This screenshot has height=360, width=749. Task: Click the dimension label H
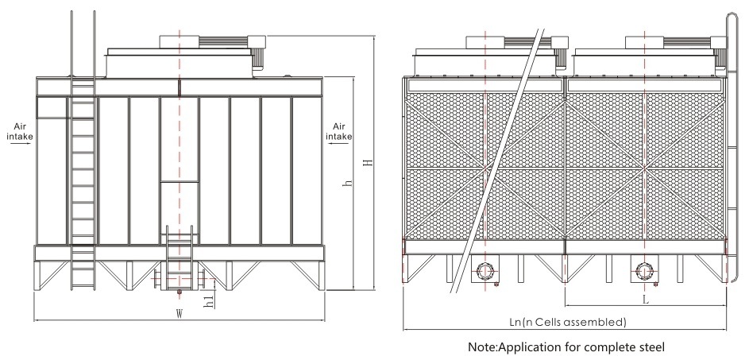click(x=366, y=163)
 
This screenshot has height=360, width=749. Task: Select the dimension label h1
click(x=207, y=301)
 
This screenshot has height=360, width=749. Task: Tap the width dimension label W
click(x=180, y=314)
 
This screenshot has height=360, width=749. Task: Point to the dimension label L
click(x=645, y=300)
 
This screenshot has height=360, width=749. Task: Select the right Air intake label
click(x=340, y=130)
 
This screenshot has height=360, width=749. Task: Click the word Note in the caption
click(x=481, y=346)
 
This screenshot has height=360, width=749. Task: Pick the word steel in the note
click(x=645, y=346)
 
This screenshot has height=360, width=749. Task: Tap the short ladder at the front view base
click(x=177, y=258)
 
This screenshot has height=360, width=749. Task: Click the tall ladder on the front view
click(x=83, y=175)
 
